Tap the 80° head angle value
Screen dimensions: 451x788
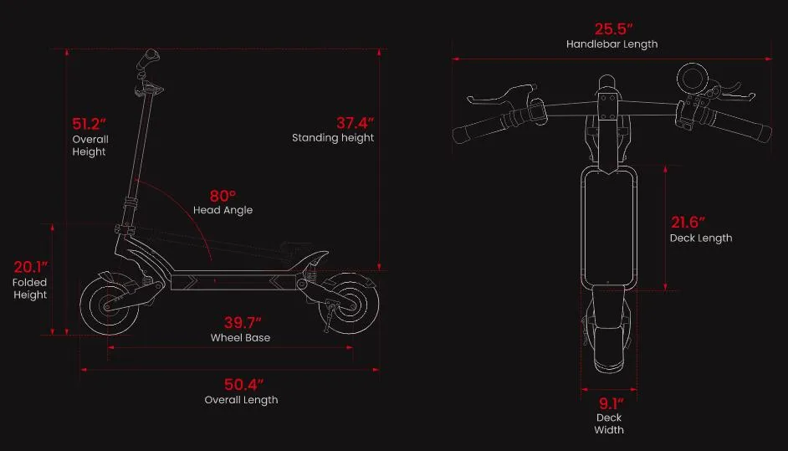tap(223, 196)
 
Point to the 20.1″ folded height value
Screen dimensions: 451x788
tap(30, 267)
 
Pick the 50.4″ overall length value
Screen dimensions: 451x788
tap(243, 385)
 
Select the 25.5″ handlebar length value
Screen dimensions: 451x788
tap(611, 28)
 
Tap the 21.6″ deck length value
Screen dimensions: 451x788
tap(688, 222)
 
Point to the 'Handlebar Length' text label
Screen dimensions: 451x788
tap(611, 44)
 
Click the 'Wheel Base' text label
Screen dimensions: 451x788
tap(240, 338)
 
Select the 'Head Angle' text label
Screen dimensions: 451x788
tap(223, 210)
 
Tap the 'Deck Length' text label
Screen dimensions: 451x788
tap(700, 238)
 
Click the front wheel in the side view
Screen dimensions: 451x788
tap(106, 305)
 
